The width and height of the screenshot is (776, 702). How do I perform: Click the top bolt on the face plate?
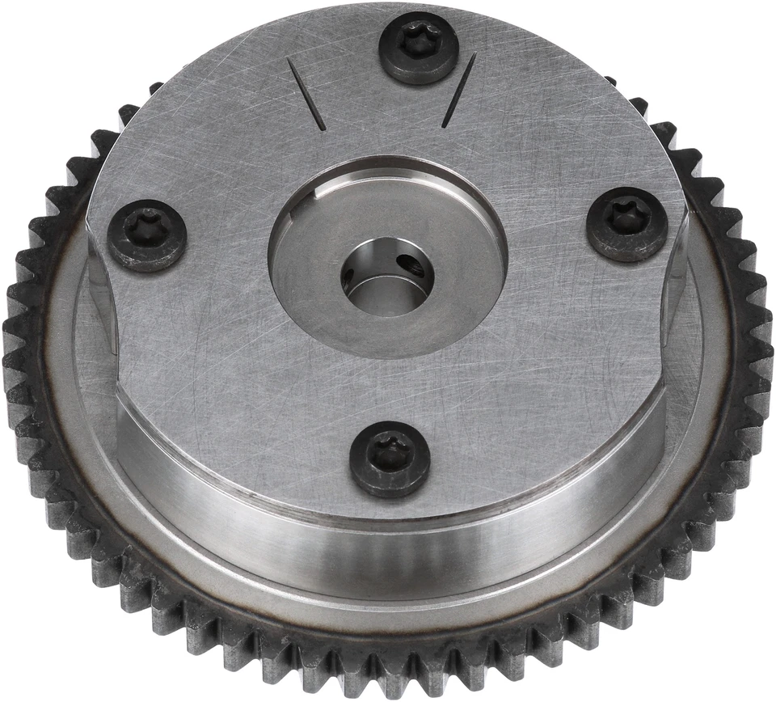(x=420, y=48)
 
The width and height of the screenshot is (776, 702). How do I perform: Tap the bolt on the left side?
(x=147, y=235)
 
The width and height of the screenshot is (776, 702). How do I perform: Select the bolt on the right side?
(x=626, y=224)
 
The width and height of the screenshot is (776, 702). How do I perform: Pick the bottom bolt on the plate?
(x=390, y=459)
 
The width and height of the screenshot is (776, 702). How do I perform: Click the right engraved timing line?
(x=459, y=90)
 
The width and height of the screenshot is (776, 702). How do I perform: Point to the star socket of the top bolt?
(x=420, y=40)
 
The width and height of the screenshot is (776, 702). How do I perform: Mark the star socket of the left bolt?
(x=146, y=227)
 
